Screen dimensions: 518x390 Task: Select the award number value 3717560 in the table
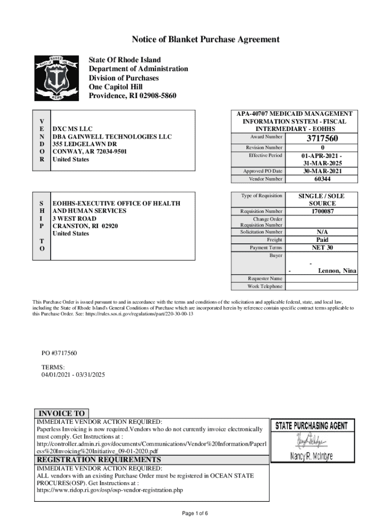322,139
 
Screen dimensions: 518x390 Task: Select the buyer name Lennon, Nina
336,271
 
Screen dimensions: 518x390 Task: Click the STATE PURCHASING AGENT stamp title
311,426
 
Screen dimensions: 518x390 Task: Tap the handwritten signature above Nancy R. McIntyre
309,441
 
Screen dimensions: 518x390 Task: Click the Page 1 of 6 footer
195,513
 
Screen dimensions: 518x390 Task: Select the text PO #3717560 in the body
59,353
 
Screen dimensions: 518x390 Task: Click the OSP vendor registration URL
110,490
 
